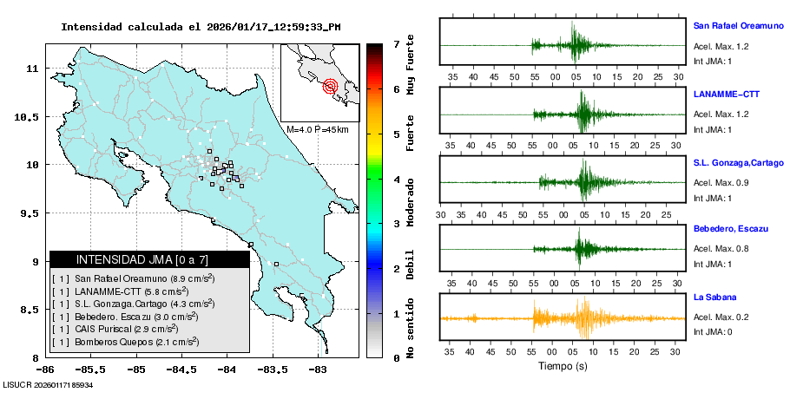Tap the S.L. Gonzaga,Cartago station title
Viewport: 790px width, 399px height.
(737, 162)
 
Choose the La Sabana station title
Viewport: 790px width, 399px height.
(714, 298)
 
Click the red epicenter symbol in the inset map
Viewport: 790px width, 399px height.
(330, 86)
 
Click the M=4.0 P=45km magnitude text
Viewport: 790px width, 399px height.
(317, 129)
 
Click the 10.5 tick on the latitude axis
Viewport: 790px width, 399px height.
(30, 116)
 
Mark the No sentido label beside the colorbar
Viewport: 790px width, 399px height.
(410, 330)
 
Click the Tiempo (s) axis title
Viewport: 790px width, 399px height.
(563, 366)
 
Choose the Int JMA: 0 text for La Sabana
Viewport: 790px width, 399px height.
(713, 331)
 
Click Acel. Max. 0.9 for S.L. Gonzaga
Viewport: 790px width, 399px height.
(721, 182)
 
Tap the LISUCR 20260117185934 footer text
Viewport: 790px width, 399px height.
(48, 384)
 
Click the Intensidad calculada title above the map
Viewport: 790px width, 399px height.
(201, 27)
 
